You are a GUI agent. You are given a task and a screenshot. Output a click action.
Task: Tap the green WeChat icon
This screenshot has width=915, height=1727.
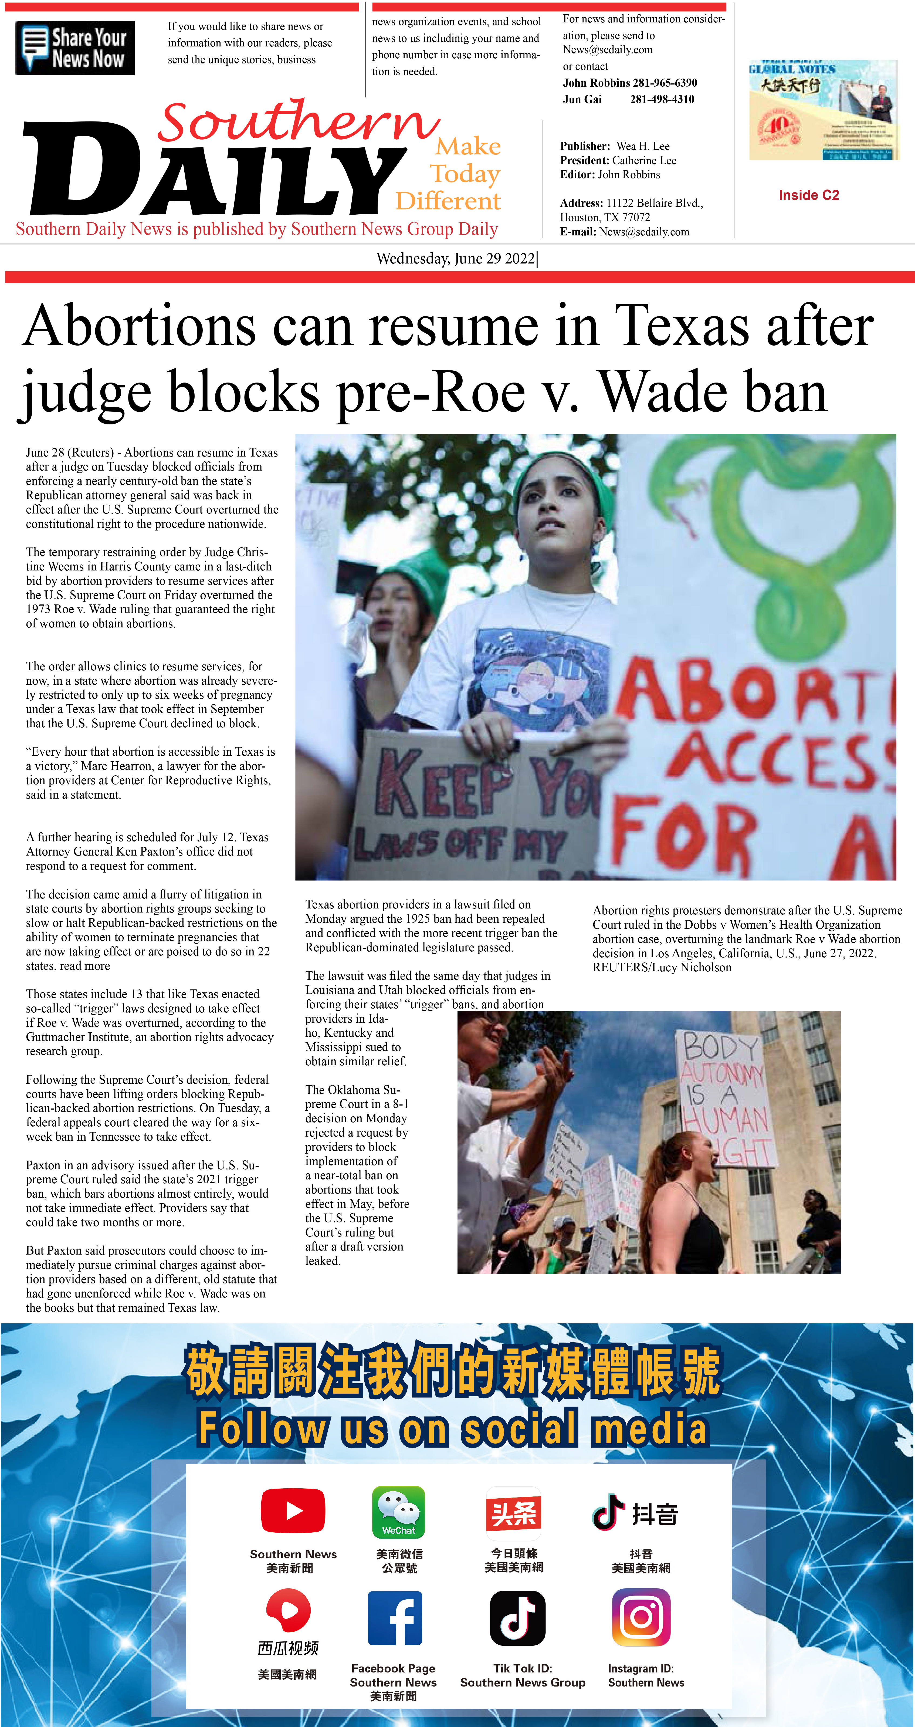pos(399,1512)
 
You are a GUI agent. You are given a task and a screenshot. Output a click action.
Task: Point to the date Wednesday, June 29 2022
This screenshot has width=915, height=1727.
pos(456,259)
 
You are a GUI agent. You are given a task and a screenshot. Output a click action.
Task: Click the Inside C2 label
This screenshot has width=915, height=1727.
pos(808,195)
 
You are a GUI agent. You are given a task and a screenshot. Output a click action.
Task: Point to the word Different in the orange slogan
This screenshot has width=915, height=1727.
pos(448,201)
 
